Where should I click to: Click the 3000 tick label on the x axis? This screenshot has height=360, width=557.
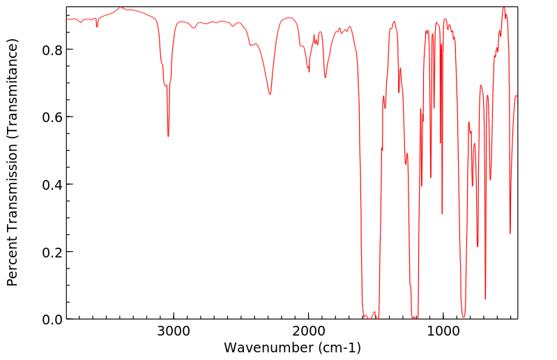pyautogui.click(x=174, y=332)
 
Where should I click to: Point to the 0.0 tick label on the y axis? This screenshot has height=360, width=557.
pyautogui.click(x=52, y=320)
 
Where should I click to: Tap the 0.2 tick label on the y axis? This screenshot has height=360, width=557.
pyautogui.click(x=52, y=252)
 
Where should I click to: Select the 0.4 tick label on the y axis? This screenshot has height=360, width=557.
pyautogui.click(x=52, y=184)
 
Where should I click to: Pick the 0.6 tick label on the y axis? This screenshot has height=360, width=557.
pyautogui.click(x=52, y=117)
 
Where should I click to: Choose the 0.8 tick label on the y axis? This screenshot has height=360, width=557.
pyautogui.click(x=52, y=50)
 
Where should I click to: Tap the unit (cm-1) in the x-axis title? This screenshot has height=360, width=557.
pyautogui.click(x=339, y=347)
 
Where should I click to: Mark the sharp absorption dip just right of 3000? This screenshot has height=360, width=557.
pyautogui.click(x=168, y=136)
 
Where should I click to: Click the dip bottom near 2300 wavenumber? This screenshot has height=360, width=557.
pyautogui.click(x=270, y=94)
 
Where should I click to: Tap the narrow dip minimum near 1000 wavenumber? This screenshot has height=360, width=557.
pyautogui.click(x=442, y=213)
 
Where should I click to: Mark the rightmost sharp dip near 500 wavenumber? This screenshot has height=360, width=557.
pyautogui.click(x=510, y=233)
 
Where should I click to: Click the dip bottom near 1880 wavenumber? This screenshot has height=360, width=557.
pyautogui.click(x=325, y=77)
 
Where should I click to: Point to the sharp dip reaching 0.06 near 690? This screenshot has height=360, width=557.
pyautogui.click(x=485, y=299)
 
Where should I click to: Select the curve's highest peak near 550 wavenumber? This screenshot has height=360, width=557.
pyautogui.click(x=503, y=8)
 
